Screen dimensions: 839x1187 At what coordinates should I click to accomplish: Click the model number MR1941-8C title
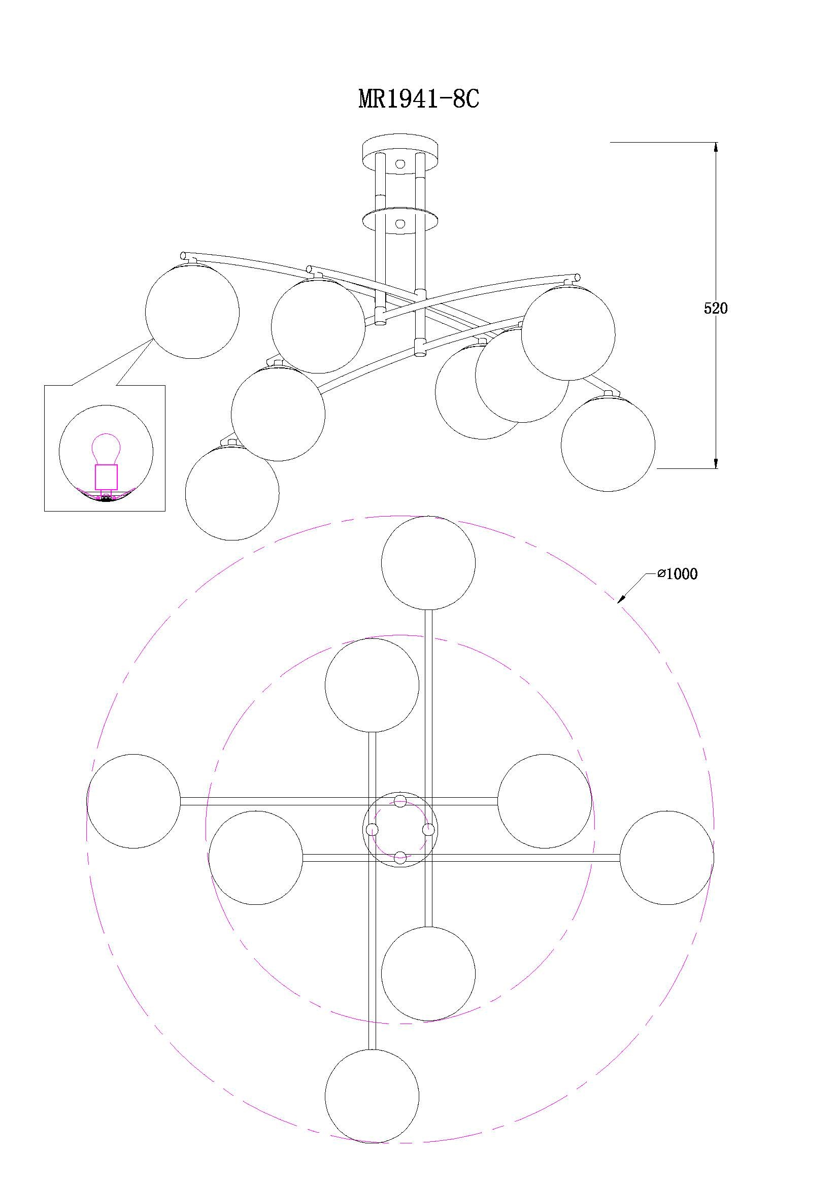point(419,99)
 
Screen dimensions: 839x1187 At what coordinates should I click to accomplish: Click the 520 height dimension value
point(716,309)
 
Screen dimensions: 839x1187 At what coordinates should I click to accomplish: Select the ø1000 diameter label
point(677,574)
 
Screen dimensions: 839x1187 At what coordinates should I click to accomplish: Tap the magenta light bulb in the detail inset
point(106,449)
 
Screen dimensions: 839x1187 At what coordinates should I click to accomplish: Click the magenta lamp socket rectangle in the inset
point(106,477)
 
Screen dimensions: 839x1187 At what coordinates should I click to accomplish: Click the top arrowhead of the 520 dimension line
point(716,147)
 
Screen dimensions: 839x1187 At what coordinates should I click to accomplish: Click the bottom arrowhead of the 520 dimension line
point(716,463)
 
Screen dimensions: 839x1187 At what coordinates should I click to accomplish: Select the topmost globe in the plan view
point(428,562)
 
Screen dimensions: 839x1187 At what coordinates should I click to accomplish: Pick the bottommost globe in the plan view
point(372,1096)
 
